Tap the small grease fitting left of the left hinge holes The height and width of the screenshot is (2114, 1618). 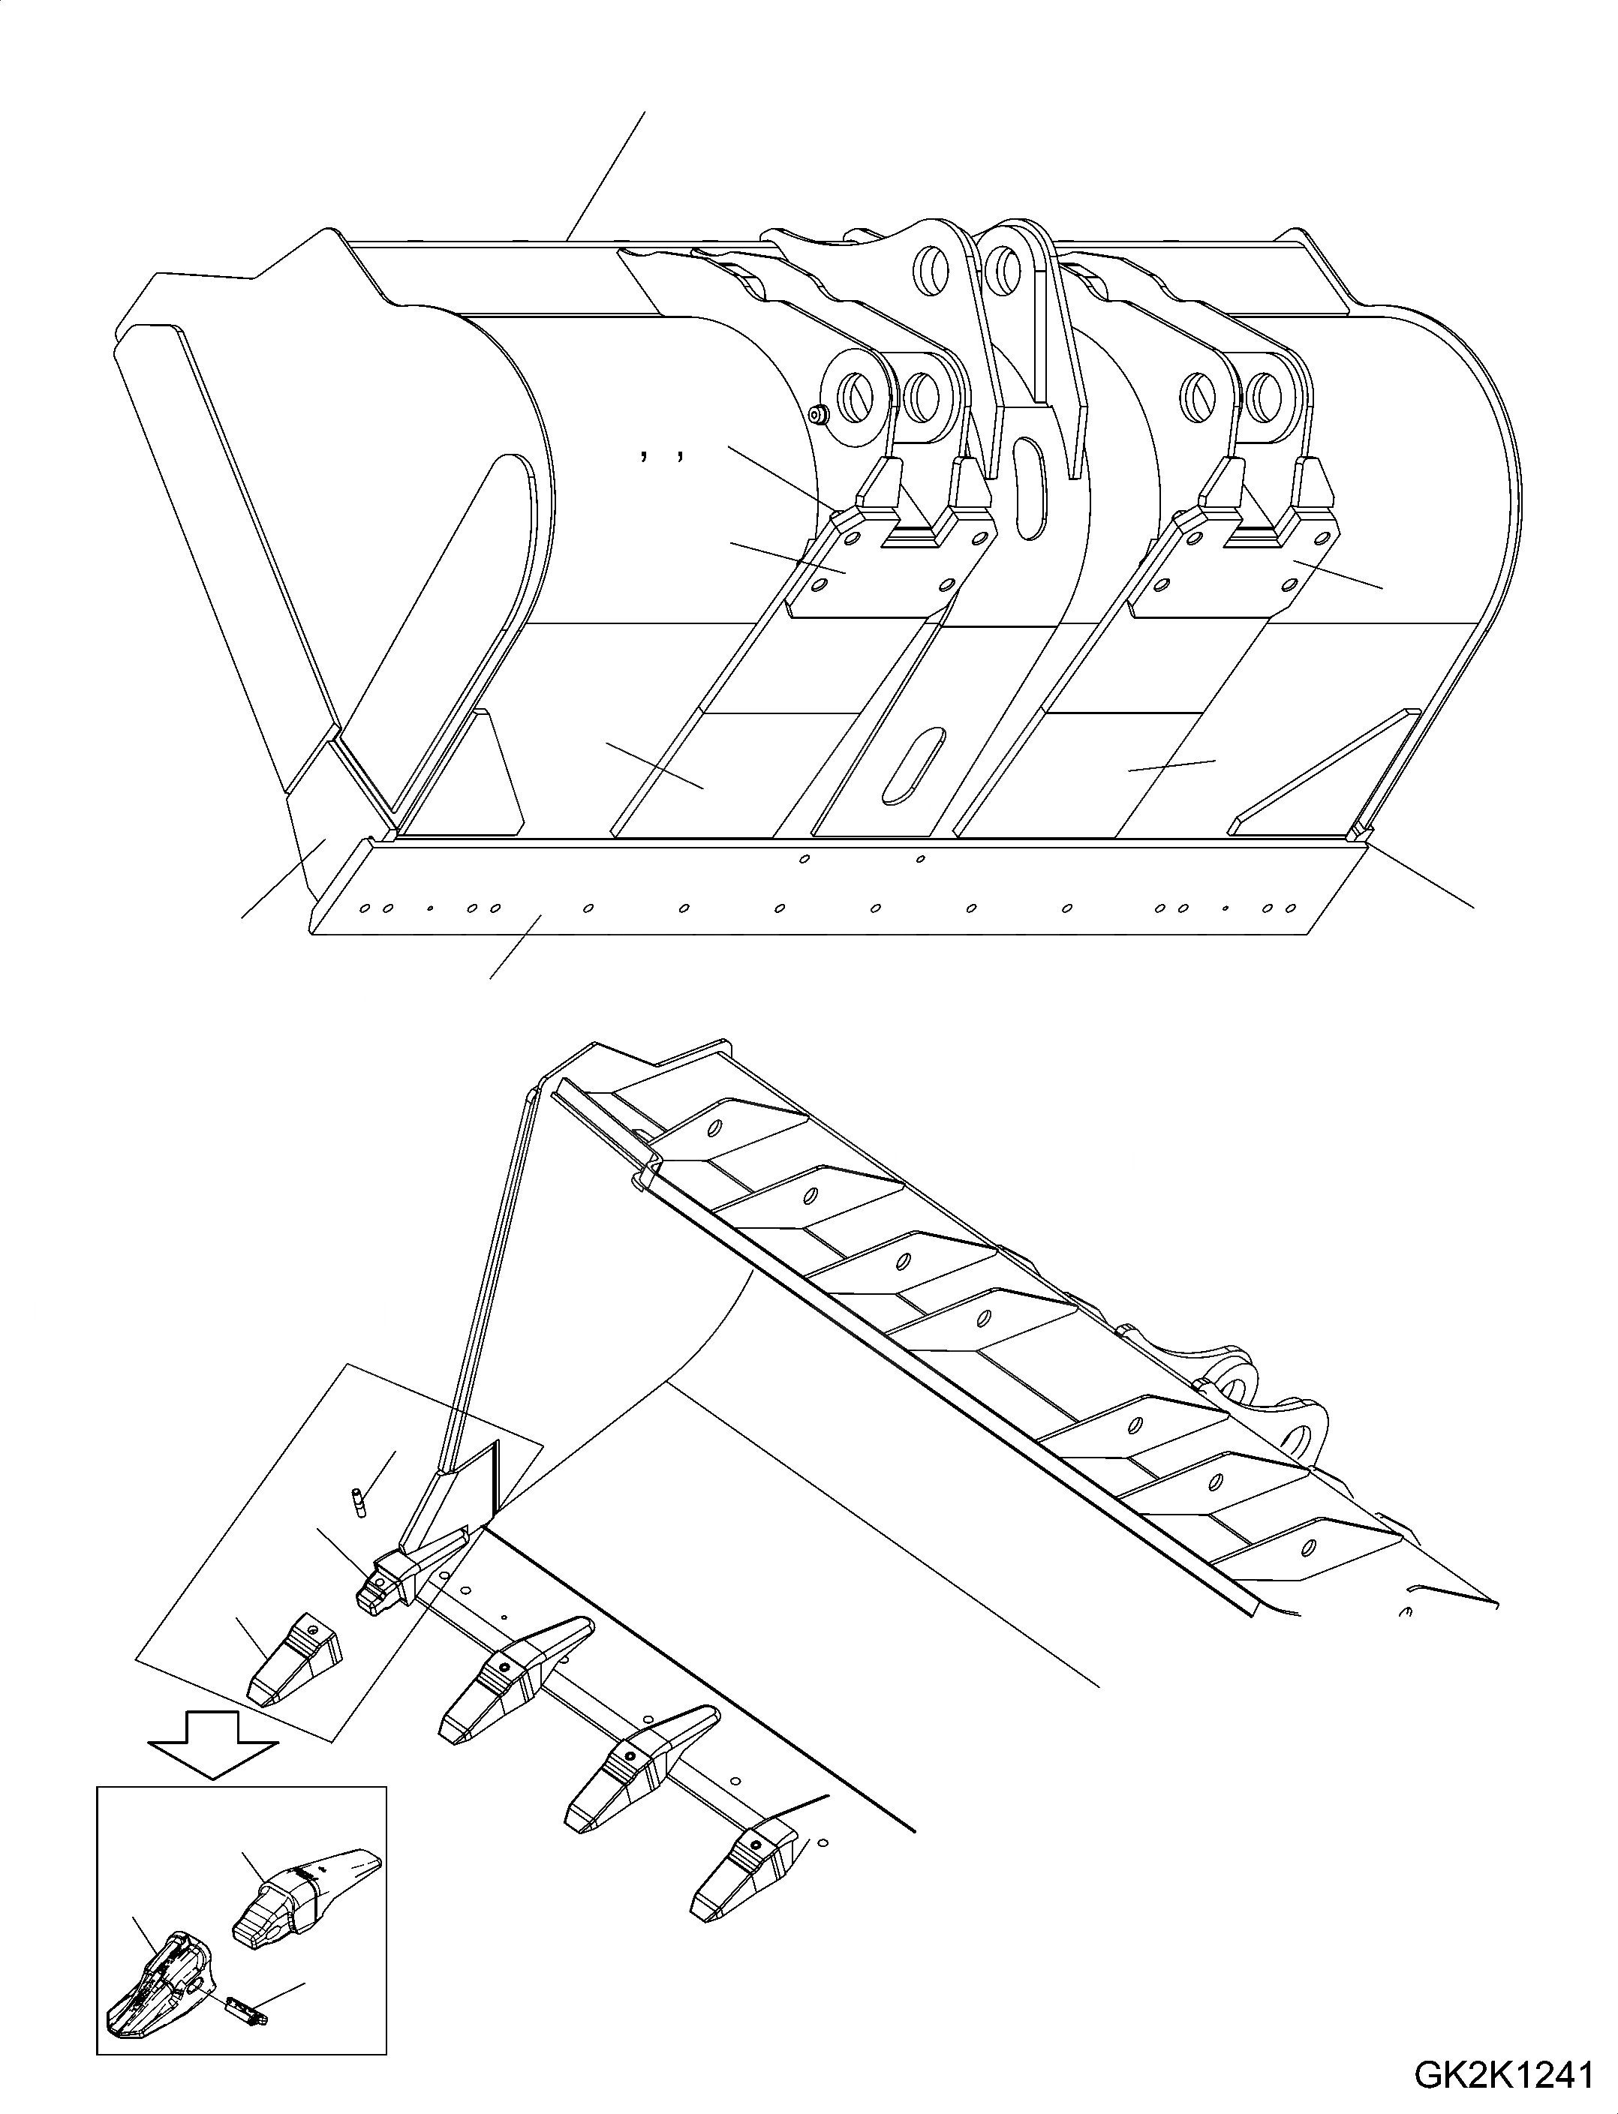tap(819, 415)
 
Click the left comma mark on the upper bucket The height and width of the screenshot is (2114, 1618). tap(642, 458)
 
